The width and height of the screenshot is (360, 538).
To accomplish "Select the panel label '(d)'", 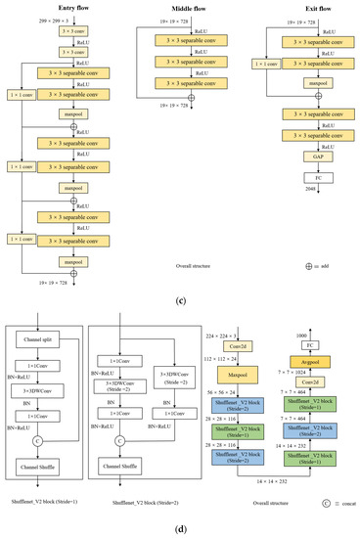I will coord(180,528).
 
